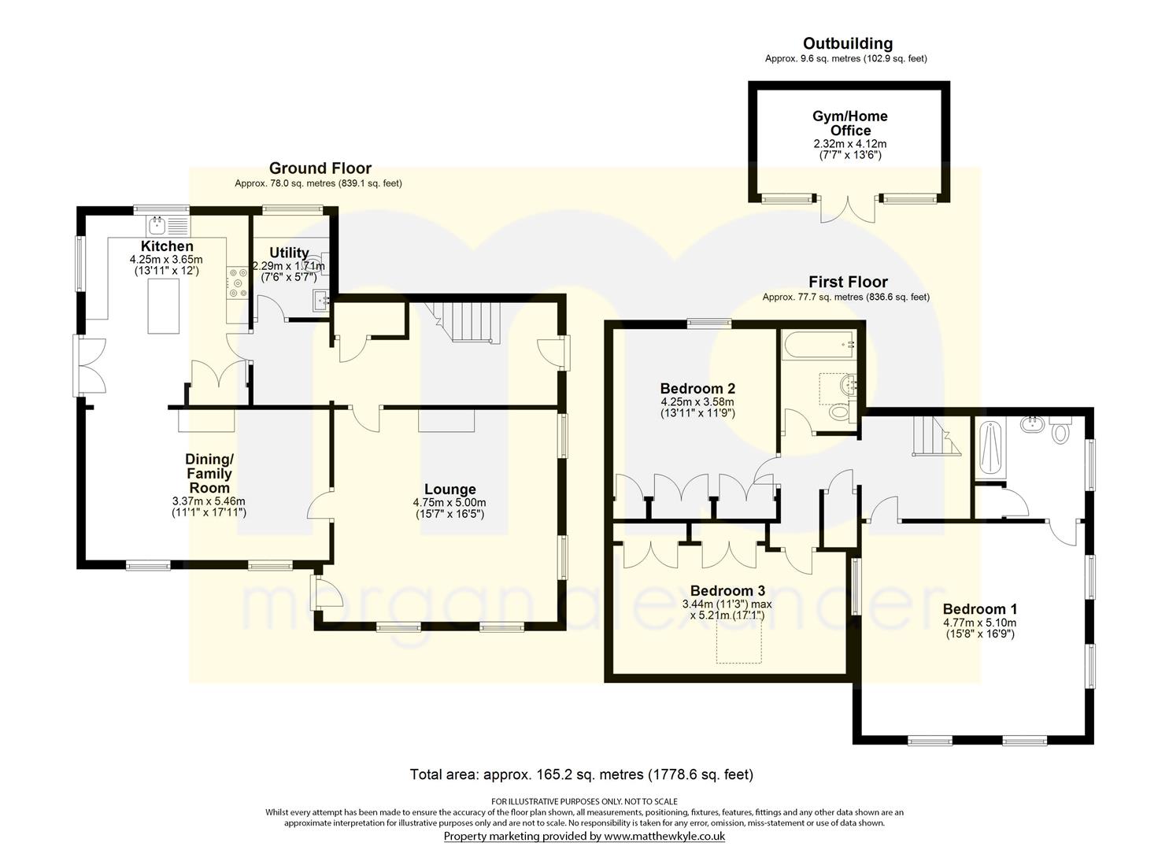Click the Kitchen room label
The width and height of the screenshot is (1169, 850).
(167, 246)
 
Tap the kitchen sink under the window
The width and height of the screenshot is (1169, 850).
(169, 226)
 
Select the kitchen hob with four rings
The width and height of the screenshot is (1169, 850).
(238, 283)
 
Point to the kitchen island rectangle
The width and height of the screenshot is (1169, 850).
(164, 306)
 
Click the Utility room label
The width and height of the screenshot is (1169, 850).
(289, 253)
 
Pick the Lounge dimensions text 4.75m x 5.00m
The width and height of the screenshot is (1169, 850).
(449, 503)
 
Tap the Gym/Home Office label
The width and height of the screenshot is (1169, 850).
(850, 123)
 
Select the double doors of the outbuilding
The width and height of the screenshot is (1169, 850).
(849, 210)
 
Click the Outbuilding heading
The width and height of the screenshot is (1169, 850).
(848, 43)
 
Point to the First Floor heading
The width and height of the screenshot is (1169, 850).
(848, 283)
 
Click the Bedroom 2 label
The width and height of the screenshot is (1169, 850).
(697, 389)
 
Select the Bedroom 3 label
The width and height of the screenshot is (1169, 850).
(727, 590)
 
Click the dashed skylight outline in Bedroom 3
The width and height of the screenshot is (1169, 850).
(738, 641)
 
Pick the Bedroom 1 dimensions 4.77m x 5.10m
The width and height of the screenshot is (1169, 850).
(979, 623)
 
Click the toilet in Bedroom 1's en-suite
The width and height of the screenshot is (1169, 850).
(1060, 431)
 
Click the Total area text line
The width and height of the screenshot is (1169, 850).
(582, 775)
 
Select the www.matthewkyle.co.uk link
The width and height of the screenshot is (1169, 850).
(664, 837)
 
